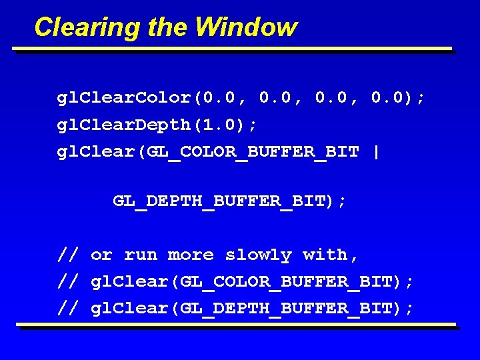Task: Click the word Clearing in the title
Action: [x=79, y=27]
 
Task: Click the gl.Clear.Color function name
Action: [x=124, y=98]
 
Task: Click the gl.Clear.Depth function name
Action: [x=124, y=125]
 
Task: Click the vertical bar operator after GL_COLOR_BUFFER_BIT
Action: [x=377, y=151]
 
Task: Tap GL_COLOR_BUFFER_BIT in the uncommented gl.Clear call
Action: [x=253, y=152]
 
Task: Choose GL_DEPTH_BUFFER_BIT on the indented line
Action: [x=220, y=201]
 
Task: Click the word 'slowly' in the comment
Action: [x=258, y=255]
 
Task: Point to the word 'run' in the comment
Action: [x=141, y=255]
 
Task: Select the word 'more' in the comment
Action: [x=191, y=255]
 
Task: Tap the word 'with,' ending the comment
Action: [x=331, y=255]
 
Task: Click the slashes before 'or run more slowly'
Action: [x=68, y=255]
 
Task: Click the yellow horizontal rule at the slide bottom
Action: [x=237, y=325]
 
